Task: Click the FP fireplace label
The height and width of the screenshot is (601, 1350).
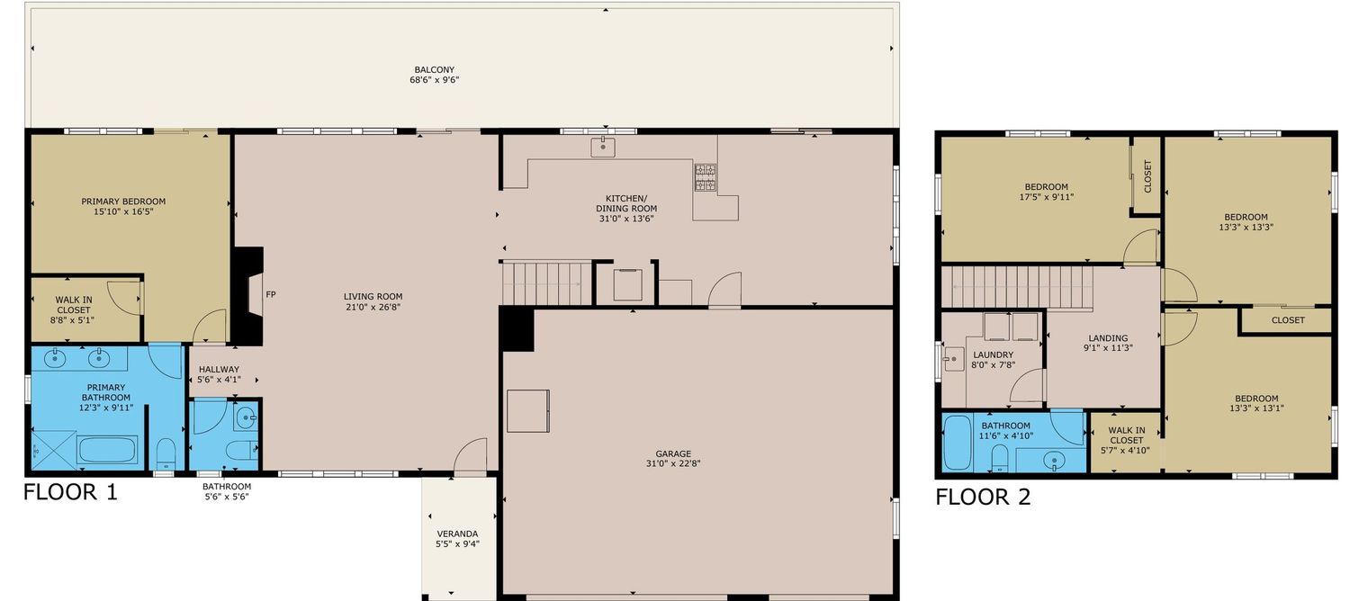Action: coord(271,294)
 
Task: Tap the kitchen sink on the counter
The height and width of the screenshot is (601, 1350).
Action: coord(603,147)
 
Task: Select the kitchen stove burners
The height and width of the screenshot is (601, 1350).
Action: coord(705,177)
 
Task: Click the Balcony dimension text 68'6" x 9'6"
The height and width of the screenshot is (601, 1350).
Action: coord(435,79)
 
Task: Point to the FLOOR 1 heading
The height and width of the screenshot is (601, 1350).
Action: coord(70,492)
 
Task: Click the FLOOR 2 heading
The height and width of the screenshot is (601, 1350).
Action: coord(983,497)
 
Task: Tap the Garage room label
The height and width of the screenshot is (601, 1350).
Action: coord(673,453)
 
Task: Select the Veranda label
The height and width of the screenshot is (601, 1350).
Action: coord(457,534)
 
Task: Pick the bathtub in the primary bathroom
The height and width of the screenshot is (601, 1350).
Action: coord(108,451)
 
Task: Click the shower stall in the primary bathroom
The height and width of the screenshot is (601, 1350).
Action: coord(54,449)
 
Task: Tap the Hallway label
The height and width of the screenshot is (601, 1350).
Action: coord(219,369)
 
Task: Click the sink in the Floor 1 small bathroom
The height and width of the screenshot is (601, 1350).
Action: coord(246,417)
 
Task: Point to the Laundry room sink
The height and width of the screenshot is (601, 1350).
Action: coord(954,359)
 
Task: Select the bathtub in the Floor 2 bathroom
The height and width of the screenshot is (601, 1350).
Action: coord(958,443)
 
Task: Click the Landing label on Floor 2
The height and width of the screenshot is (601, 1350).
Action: coord(1108,337)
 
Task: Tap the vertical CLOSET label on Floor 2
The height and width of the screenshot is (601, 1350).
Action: coord(1147,175)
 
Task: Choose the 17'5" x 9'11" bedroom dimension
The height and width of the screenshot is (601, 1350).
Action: coord(1046,197)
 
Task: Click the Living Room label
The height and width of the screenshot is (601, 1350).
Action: coord(373,296)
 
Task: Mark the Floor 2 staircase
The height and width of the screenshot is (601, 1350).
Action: coord(1017,287)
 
